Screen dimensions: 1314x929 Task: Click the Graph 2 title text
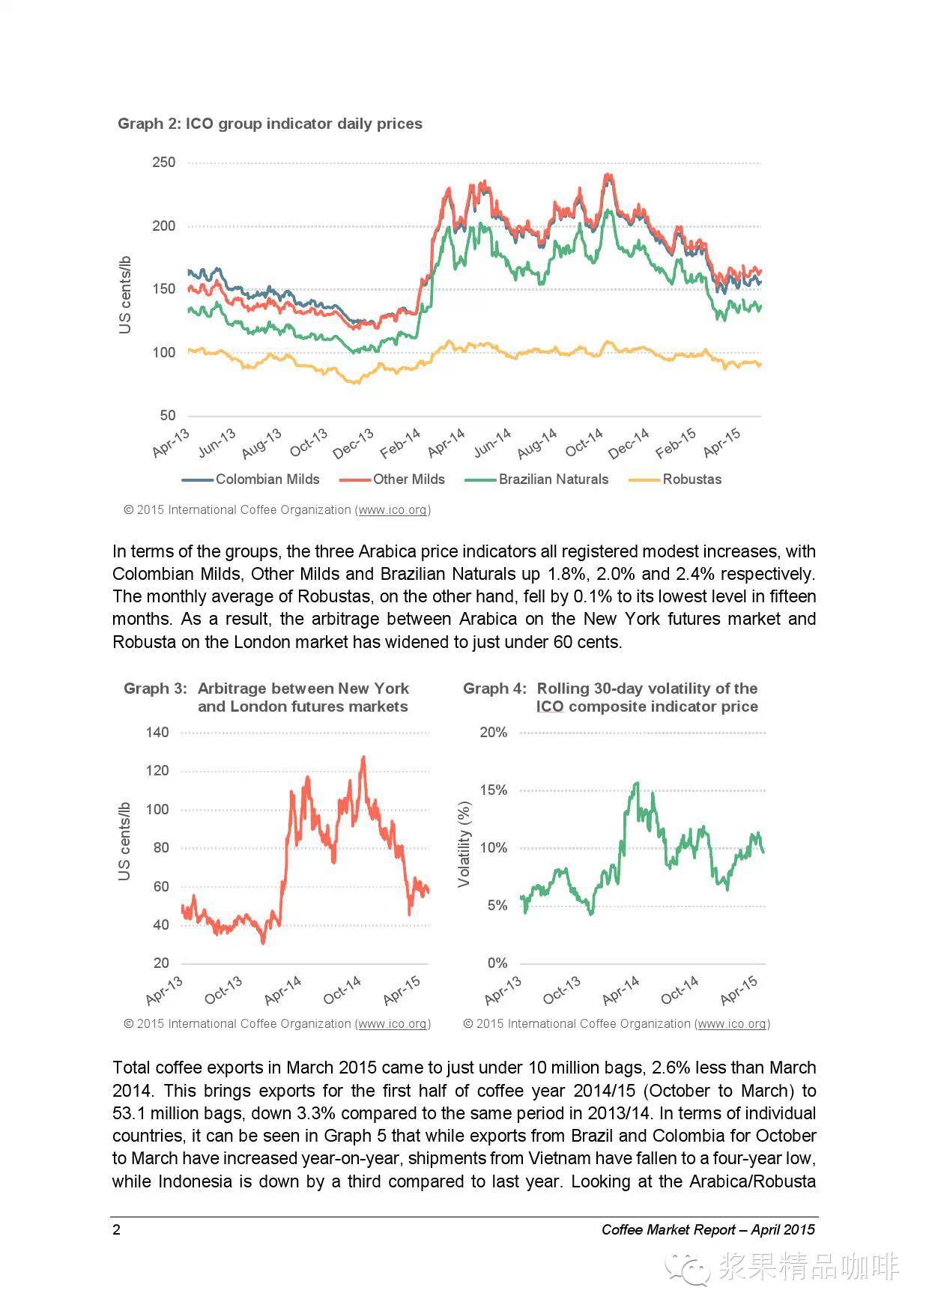[270, 124]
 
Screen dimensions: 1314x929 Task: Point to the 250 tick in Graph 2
[163, 163]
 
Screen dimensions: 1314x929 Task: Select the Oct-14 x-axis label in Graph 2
[585, 443]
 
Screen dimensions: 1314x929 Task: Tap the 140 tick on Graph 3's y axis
[157, 733]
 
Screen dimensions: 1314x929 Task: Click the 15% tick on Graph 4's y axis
[494, 790]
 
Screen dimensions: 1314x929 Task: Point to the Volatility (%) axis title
[464, 844]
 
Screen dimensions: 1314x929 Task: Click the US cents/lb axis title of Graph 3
[124, 841]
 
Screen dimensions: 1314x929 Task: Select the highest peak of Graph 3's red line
[363, 757]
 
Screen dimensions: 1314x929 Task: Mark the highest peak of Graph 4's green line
[637, 783]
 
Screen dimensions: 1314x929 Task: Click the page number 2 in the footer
[116, 1229]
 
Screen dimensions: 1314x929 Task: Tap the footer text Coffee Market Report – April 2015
[708, 1229]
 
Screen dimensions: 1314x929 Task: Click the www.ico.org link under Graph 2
[393, 510]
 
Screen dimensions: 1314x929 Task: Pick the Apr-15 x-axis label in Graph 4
[740, 990]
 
